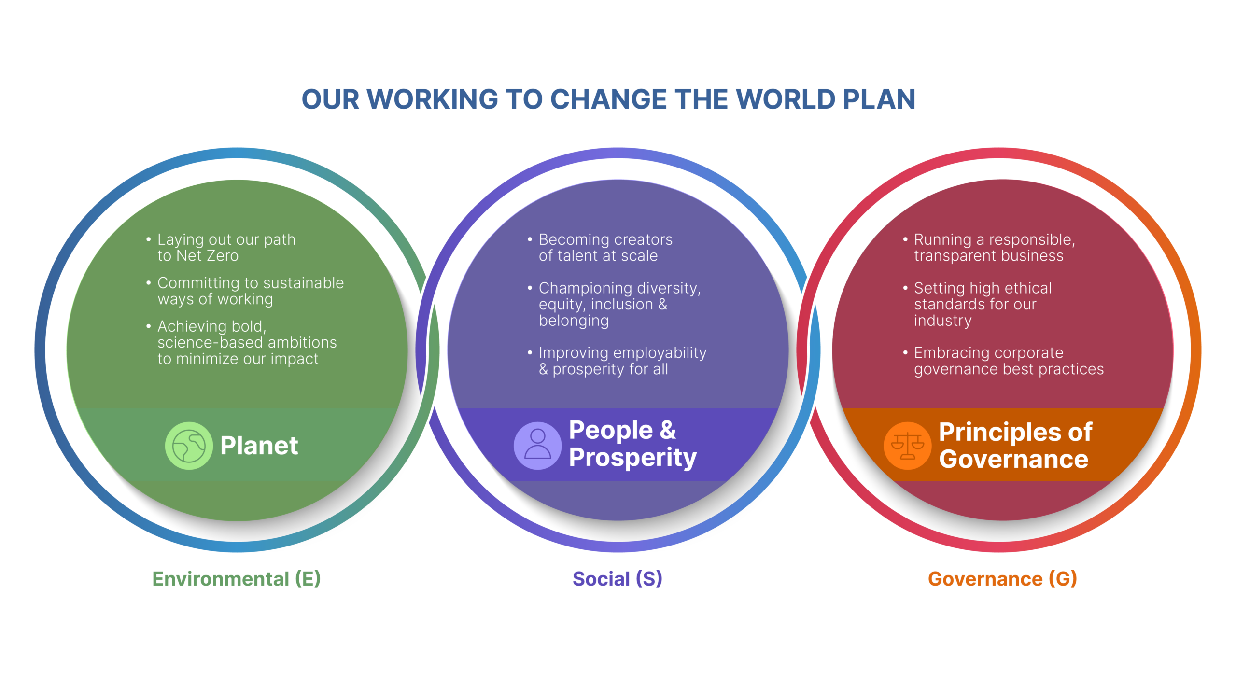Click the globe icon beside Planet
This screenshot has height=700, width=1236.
point(189,446)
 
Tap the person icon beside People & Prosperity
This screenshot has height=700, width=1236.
point(537,446)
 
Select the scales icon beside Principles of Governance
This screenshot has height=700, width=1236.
point(907,446)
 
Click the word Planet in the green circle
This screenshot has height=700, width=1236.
point(259,445)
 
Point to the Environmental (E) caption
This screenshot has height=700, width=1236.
point(237,579)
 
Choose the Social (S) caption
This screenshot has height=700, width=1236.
point(618,579)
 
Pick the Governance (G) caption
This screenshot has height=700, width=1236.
point(1002,579)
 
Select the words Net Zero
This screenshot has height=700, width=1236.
point(208,256)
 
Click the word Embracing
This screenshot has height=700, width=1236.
point(948,353)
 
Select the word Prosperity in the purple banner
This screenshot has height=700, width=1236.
point(633,458)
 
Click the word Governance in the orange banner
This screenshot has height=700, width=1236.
point(1014,459)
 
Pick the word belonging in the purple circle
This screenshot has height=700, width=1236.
point(574,321)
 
